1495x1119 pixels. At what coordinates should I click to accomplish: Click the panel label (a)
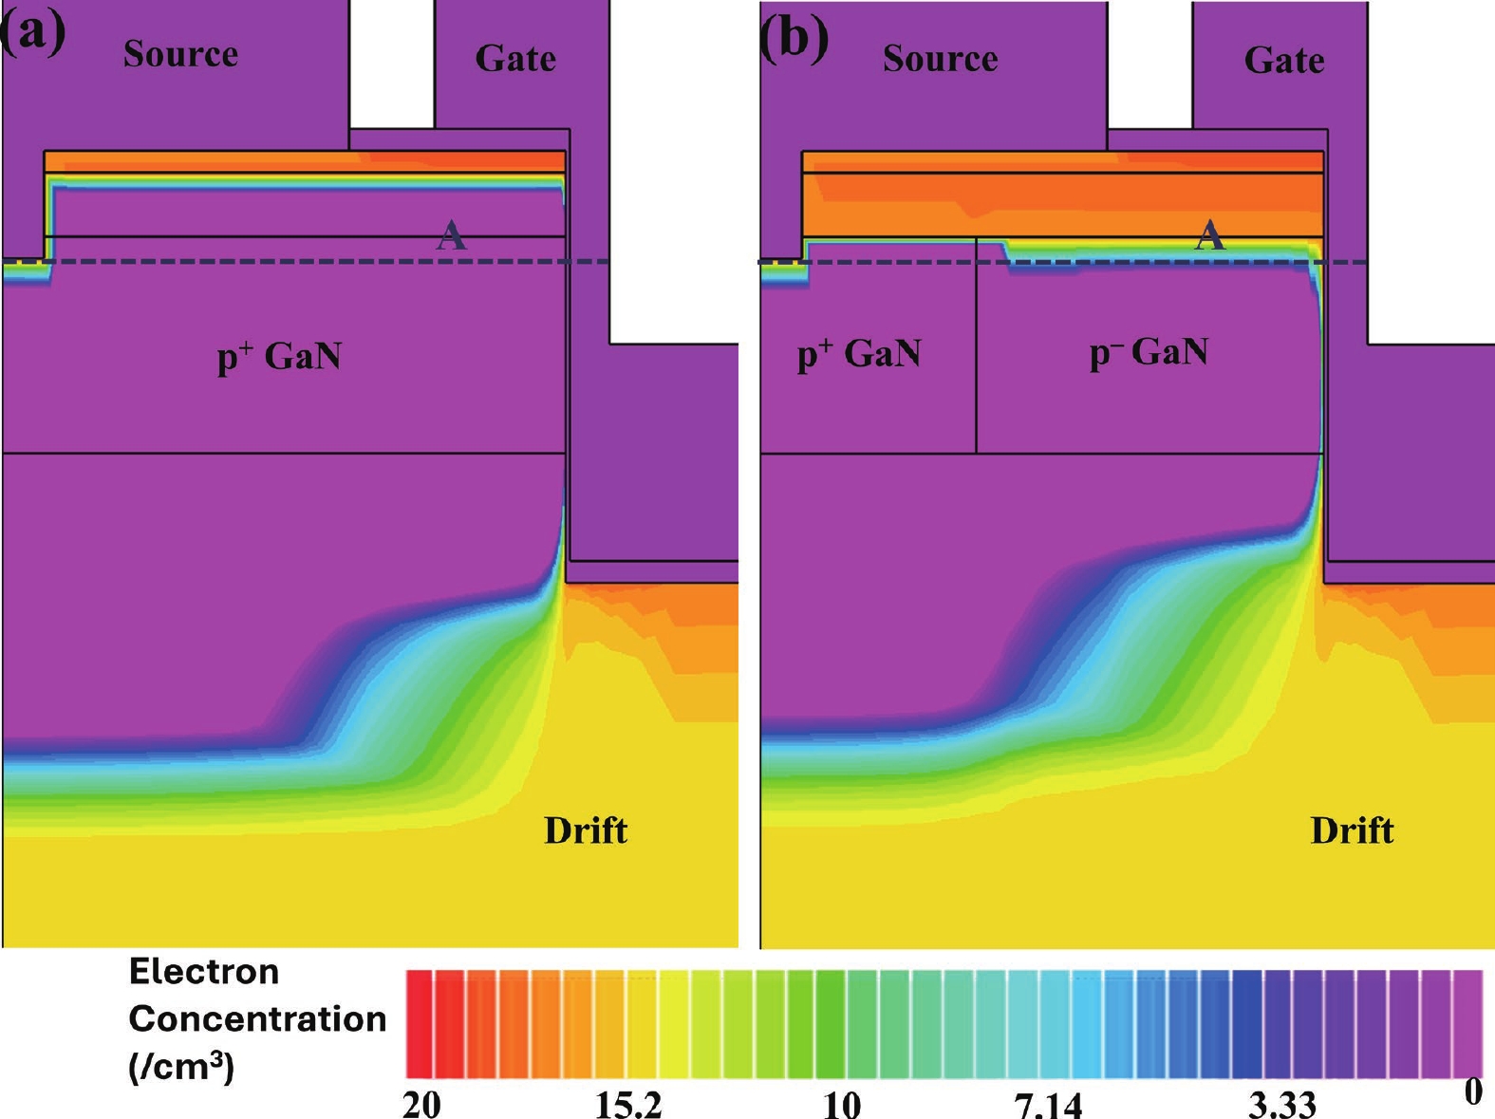pyautogui.click(x=32, y=34)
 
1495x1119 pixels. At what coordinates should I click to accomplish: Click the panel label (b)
pyautogui.click(x=794, y=38)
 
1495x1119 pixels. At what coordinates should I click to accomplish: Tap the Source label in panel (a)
pyautogui.click(x=180, y=54)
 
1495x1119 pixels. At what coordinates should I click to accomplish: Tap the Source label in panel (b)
pyautogui.click(x=941, y=58)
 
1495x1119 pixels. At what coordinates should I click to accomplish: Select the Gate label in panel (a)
pyautogui.click(x=515, y=59)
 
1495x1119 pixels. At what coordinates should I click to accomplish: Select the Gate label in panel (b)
pyautogui.click(x=1284, y=61)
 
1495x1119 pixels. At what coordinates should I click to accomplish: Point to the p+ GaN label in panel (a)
pyautogui.click(x=279, y=356)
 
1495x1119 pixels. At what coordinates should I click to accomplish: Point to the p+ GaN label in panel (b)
pyautogui.click(x=860, y=354)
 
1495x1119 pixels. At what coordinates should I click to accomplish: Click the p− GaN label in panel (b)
pyautogui.click(x=1149, y=353)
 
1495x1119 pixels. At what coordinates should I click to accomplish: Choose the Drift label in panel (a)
pyautogui.click(x=586, y=830)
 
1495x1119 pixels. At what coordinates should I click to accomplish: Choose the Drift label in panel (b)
pyautogui.click(x=1353, y=831)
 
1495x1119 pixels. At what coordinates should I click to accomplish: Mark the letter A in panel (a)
pyautogui.click(x=451, y=236)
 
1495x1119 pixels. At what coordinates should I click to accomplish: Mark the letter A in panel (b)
pyautogui.click(x=1209, y=236)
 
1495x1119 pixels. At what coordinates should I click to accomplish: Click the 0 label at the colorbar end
pyautogui.click(x=1473, y=1092)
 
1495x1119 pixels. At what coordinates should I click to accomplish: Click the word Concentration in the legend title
pyautogui.click(x=257, y=1019)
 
